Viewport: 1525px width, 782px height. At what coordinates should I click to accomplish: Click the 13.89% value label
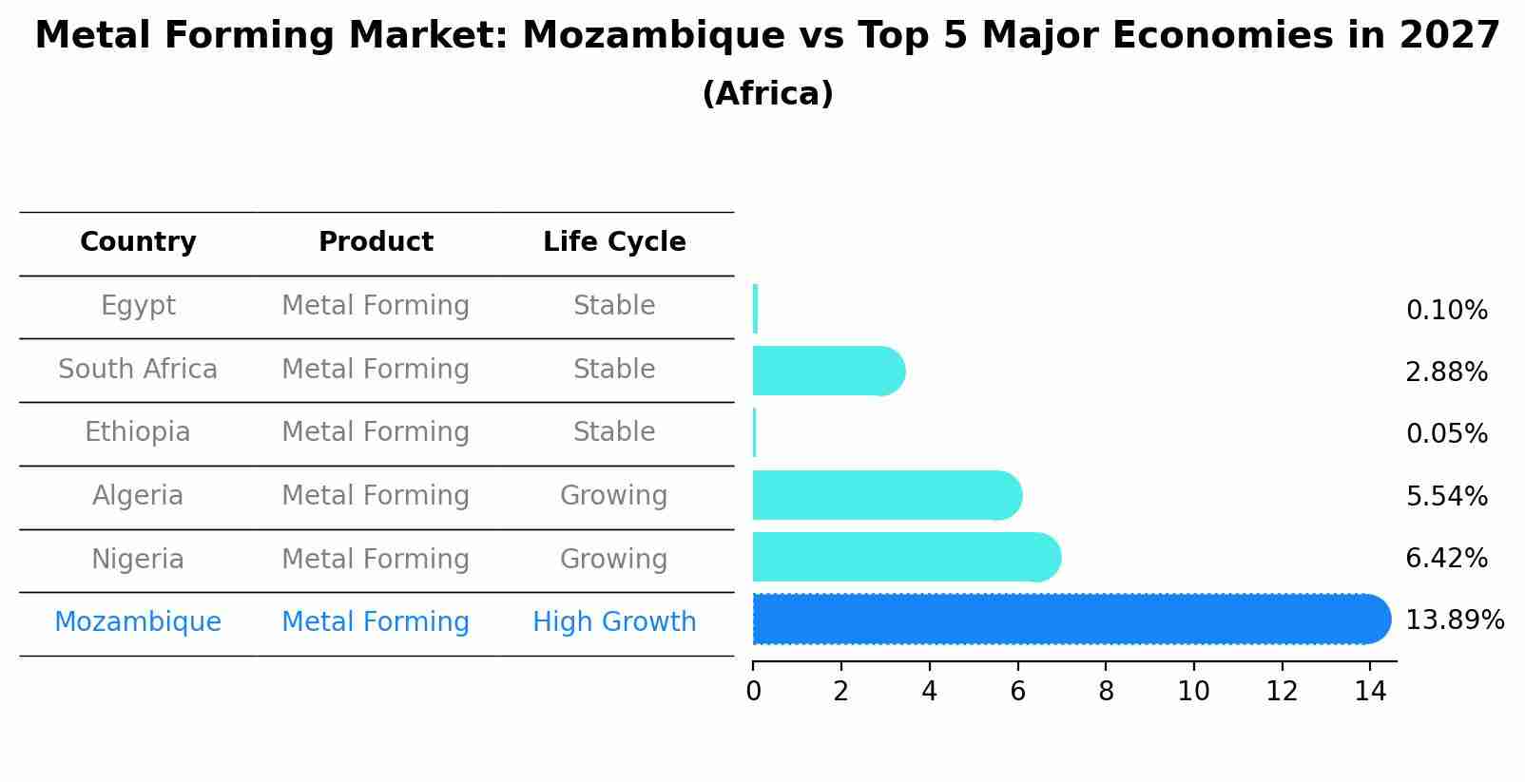1454,620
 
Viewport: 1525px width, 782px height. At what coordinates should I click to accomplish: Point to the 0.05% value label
1446,434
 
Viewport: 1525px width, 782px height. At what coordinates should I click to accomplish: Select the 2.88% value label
1446,372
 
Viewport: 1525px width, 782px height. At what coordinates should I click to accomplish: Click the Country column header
138,242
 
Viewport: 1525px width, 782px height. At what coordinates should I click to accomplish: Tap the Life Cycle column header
614,242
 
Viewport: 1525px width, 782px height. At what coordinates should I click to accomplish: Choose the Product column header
376,242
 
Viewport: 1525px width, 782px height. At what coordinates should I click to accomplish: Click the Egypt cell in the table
138,306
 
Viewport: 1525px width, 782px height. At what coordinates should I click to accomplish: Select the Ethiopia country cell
138,432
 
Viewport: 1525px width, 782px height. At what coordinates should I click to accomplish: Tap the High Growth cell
614,622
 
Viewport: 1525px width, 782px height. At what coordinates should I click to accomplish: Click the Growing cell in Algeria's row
614,496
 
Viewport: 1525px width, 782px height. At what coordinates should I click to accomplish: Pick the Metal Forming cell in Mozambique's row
376,622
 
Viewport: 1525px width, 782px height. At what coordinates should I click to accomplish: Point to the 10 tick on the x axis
1193,692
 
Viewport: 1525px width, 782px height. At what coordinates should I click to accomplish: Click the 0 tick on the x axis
753,692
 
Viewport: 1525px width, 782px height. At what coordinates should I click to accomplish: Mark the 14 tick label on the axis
1370,692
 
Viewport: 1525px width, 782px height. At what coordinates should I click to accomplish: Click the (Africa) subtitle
767,94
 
